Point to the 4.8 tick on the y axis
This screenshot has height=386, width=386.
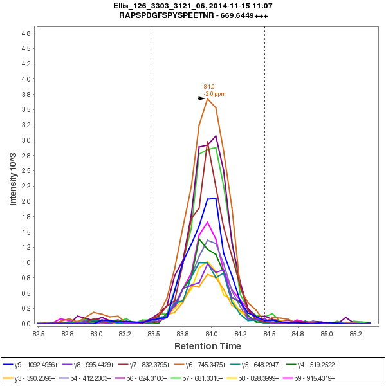(x=27, y=33)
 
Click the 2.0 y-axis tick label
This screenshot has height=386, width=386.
(x=27, y=201)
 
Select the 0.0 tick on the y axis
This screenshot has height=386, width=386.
(x=27, y=324)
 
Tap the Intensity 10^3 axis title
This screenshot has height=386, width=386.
(x=13, y=176)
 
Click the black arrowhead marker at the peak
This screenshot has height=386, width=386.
(x=201, y=98)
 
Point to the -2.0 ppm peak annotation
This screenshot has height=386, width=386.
(x=214, y=94)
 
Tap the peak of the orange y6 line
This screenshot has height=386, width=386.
(x=207, y=98)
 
